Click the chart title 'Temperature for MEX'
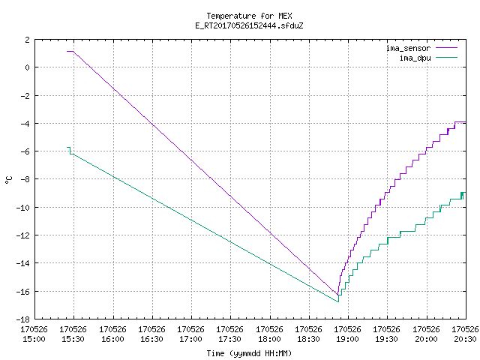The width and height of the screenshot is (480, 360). click(x=249, y=16)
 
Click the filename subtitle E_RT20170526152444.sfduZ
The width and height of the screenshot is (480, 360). click(x=249, y=25)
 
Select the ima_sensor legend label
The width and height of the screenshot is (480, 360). click(x=408, y=48)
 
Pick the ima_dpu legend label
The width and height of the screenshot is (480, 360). click(x=415, y=58)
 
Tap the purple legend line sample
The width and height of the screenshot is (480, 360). click(x=447, y=48)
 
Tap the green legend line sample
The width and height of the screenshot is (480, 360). click(x=447, y=57)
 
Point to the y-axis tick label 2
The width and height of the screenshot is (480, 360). click(x=28, y=40)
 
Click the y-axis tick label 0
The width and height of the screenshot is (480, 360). click(x=28, y=67)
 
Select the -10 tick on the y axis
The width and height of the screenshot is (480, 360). click(x=23, y=208)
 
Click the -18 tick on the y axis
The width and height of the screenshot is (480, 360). click(x=23, y=319)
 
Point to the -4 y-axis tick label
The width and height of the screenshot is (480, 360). click(x=25, y=123)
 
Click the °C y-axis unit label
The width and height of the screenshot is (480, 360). click(x=8, y=180)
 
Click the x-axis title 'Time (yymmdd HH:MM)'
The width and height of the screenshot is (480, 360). click(x=249, y=353)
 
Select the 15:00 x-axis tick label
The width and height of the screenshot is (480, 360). click(x=34, y=339)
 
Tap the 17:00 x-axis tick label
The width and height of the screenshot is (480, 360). click(x=190, y=339)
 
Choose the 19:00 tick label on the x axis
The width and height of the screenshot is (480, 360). click(x=347, y=339)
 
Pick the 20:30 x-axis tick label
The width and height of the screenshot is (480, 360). click(x=465, y=339)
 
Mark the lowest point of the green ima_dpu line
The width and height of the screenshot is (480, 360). click(x=338, y=301)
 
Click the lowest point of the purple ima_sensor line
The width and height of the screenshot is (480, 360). click(x=337, y=295)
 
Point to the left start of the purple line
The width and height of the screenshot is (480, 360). click(x=67, y=51)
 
